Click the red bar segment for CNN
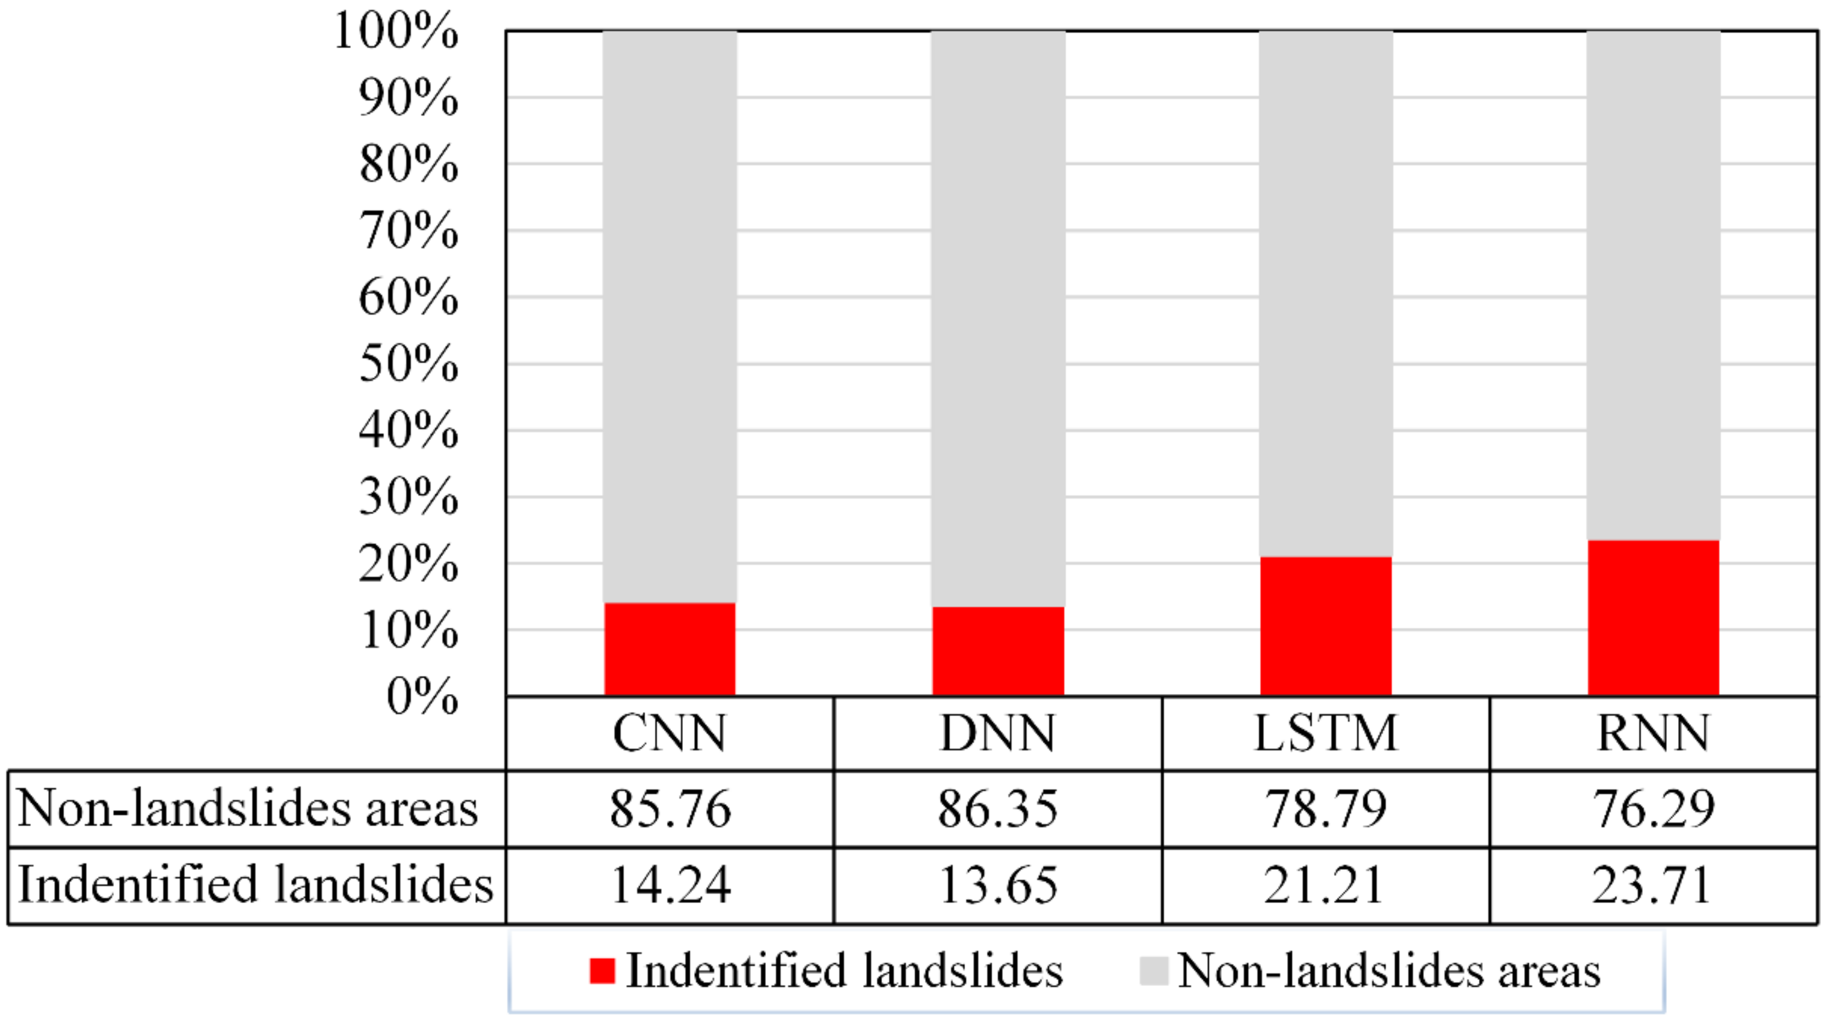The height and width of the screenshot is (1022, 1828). (670, 649)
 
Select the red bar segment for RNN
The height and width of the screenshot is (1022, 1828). (1654, 618)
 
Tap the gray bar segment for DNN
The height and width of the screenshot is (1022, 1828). (998, 319)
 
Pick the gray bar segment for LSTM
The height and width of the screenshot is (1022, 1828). (1325, 294)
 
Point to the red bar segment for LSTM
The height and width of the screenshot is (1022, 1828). (1325, 626)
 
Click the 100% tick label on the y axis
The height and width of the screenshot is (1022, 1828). (396, 32)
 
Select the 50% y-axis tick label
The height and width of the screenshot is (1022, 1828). (408, 364)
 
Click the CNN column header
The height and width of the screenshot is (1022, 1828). (670, 733)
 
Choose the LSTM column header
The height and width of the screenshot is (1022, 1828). (1325, 733)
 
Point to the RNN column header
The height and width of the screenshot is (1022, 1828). (1654, 733)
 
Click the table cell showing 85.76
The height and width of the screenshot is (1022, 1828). (670, 809)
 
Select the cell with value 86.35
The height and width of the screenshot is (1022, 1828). (998, 809)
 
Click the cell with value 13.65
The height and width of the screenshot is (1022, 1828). (998, 885)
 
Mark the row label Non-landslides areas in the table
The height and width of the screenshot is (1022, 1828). (248, 809)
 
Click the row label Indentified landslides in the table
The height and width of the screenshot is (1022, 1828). (256, 885)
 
